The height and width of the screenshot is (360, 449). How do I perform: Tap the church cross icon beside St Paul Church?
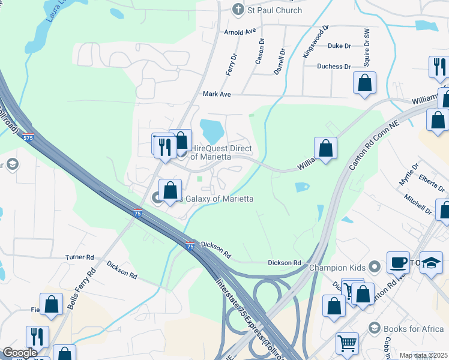point(238,10)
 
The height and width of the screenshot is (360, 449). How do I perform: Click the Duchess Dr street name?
point(334,67)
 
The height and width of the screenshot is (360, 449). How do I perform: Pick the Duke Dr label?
point(339,46)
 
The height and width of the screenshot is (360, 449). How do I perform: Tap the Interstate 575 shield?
point(28,137)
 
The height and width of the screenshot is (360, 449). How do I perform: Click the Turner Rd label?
point(80,257)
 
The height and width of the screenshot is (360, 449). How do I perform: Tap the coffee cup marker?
point(398,261)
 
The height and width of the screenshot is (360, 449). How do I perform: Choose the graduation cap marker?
point(431,263)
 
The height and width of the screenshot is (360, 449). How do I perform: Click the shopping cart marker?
point(347,343)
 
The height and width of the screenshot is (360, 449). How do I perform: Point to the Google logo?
point(20,352)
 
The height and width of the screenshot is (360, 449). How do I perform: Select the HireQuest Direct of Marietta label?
point(220,152)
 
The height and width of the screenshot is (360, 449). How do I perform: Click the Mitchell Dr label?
point(418,203)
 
